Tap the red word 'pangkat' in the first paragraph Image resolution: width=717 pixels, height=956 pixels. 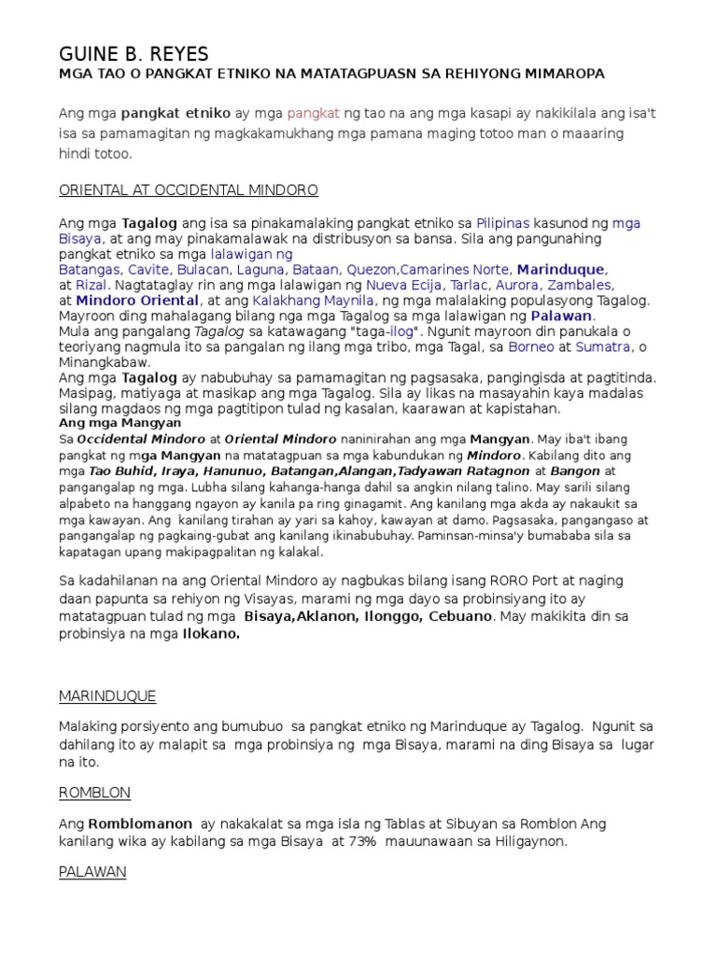coord(314,113)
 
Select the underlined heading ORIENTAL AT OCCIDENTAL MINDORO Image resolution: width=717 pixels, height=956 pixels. coord(189,190)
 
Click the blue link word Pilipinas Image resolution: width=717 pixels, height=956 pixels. coord(502,224)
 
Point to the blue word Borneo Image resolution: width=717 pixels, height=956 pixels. coord(534,346)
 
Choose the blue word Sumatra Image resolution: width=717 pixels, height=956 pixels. coord(601,346)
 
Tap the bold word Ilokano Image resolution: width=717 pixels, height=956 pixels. coord(210,634)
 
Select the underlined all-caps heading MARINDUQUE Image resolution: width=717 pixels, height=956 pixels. coord(107,696)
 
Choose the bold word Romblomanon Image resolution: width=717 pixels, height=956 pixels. coord(140,824)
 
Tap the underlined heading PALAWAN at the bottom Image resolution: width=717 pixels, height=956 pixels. coord(92,872)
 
